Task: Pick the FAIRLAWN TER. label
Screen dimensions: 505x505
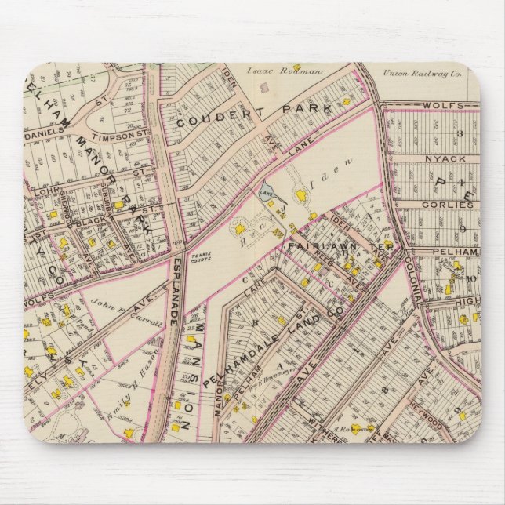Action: [x=322, y=245]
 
